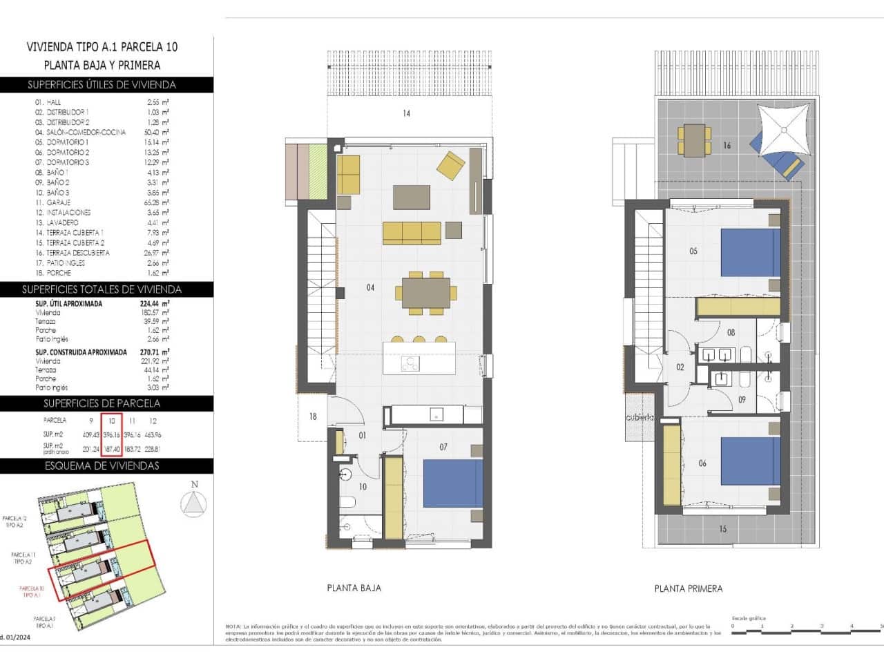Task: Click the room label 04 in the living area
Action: coord(370,287)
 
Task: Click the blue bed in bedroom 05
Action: coord(750,253)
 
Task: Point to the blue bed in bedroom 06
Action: coord(750,461)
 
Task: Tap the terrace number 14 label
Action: coord(406,113)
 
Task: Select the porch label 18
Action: coord(313,416)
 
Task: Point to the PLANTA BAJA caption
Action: coord(354,588)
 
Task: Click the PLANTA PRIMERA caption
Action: coord(688,588)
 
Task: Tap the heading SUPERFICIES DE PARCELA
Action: coord(102,403)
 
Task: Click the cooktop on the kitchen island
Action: coord(412,363)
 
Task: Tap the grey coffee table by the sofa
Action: coord(411,197)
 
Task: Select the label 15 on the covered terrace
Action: coord(722,529)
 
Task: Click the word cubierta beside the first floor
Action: coord(639,418)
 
